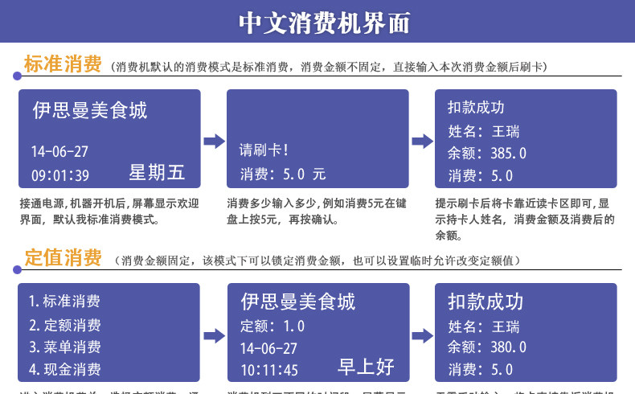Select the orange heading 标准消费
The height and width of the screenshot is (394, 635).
63,64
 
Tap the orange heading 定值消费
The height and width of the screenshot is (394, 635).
63,258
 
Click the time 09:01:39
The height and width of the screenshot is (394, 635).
60,175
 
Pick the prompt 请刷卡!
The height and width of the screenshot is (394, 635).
264,150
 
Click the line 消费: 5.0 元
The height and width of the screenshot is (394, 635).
283,174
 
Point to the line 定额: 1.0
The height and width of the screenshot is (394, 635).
272,326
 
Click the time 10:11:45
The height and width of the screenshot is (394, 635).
269,370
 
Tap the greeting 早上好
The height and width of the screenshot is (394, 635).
366,367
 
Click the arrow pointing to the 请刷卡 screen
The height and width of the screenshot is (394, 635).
214,142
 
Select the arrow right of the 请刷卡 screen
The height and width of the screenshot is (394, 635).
423,142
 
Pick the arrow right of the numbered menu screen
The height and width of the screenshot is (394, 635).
214,336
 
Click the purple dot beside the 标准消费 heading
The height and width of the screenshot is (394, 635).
17,76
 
